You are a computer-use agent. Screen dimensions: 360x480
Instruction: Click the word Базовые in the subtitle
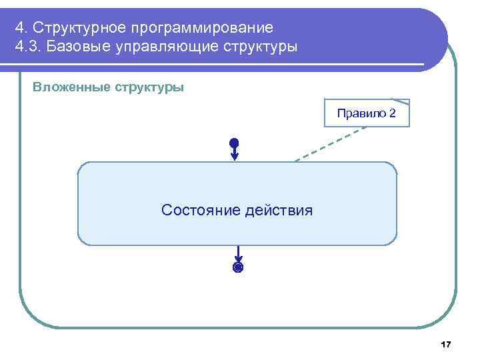[81, 48]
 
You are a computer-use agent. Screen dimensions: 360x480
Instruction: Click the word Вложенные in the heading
[70, 88]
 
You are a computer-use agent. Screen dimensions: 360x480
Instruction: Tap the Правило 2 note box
[366, 113]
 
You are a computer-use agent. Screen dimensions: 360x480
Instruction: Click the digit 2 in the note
[392, 113]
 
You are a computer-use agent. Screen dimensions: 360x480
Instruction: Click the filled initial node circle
[234, 143]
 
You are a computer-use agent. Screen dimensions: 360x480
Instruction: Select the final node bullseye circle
[238, 268]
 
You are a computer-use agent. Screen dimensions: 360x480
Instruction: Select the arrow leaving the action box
[238, 254]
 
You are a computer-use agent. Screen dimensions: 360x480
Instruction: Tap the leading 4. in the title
[21, 28]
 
